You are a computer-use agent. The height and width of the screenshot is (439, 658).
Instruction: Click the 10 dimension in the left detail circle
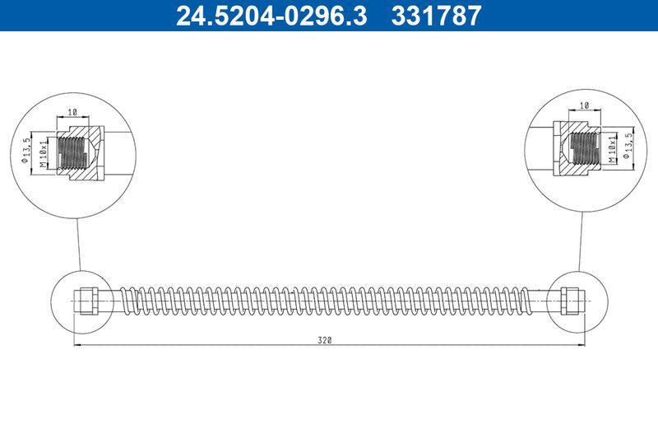coord(72,111)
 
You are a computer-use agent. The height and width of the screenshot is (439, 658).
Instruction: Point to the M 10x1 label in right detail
coord(613,147)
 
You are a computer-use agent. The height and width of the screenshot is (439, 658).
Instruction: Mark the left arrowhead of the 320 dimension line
coord(77,345)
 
